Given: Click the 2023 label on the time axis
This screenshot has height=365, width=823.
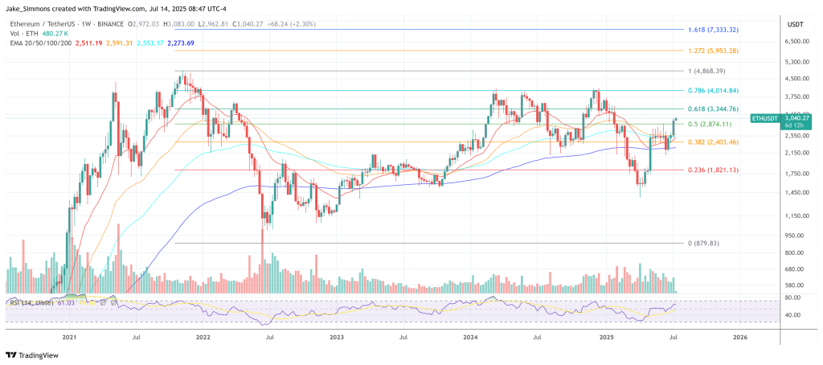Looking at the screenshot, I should point(336,338).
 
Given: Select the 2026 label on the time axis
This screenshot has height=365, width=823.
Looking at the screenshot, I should point(739,338).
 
